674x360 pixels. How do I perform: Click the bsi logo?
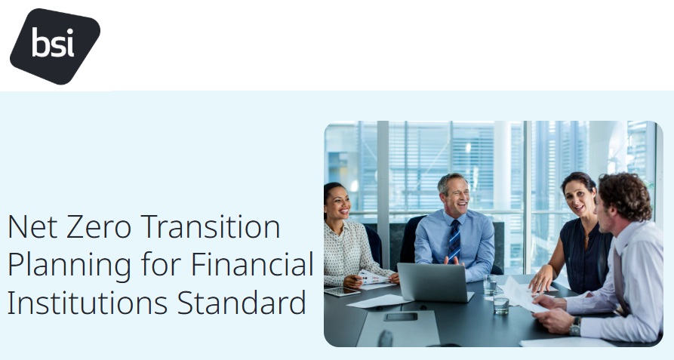[x=54, y=46]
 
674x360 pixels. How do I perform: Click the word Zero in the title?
[x=98, y=226]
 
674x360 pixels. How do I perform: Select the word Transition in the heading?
[x=210, y=226]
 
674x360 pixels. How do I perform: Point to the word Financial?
[x=252, y=263]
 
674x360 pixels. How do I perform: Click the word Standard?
[x=242, y=302]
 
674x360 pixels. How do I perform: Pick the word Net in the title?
[x=32, y=226]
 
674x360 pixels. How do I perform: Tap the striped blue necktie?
[x=454, y=240]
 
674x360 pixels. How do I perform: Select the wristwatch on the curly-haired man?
[x=574, y=327]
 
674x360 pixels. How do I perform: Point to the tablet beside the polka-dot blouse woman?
[x=342, y=291]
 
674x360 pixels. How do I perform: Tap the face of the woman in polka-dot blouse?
[x=338, y=204]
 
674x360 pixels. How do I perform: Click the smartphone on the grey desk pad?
[x=401, y=317]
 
